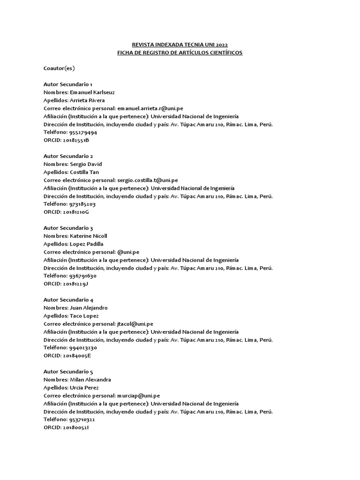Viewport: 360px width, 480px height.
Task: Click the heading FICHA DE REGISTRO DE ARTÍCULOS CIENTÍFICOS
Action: tap(180, 52)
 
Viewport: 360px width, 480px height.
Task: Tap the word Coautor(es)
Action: tap(59, 68)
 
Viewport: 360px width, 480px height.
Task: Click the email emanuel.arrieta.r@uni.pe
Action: tap(150, 108)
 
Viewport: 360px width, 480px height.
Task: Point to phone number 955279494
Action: tap(83, 133)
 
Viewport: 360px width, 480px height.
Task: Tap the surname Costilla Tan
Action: tap(84, 172)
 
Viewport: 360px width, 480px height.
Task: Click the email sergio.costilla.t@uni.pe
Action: tap(147, 180)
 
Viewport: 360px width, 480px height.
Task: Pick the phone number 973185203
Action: tap(82, 204)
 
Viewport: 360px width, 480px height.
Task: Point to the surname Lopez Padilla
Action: tap(87, 244)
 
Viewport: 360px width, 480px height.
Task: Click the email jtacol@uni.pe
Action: tap(135, 323)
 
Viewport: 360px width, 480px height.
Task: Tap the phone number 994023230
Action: tap(83, 348)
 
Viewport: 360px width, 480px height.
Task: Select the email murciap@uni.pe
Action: tap(138, 396)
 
